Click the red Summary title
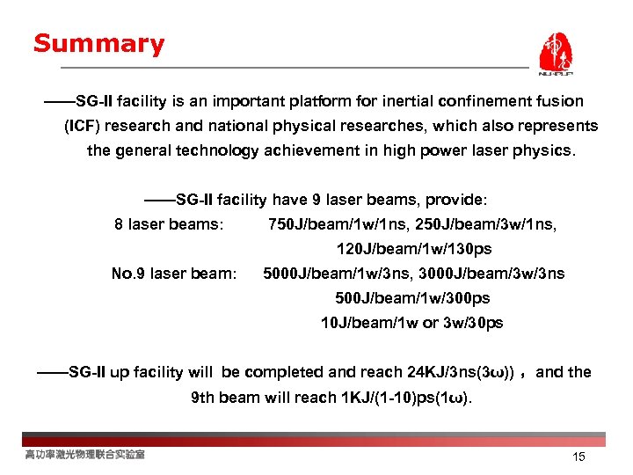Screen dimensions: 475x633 (98, 44)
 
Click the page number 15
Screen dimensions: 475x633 (578, 457)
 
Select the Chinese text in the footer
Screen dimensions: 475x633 (84, 454)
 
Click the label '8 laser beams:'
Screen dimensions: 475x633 (168, 224)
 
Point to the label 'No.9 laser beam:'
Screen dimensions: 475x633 (174, 274)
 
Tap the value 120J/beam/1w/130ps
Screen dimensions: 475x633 (407, 249)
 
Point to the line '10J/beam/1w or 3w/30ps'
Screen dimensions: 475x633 (411, 323)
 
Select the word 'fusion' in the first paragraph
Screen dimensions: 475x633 (560, 102)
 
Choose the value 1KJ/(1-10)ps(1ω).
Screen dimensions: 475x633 (404, 397)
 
